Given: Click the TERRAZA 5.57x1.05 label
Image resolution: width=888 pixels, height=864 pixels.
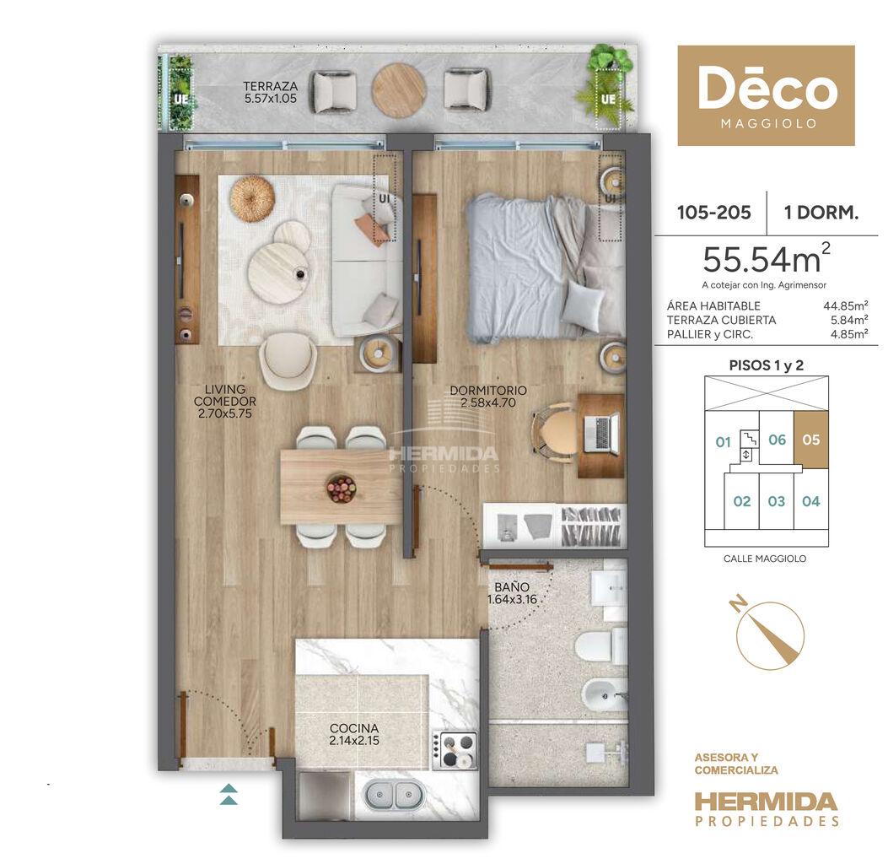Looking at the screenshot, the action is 270,92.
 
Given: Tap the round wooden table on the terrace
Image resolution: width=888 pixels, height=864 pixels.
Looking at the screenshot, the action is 399,89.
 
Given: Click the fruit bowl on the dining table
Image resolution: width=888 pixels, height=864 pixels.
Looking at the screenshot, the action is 341,488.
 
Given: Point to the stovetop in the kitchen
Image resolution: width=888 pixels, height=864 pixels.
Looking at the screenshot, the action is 455,750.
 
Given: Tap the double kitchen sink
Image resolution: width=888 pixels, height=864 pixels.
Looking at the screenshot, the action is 394,795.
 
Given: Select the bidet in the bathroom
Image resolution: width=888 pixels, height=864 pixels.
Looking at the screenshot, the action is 605,694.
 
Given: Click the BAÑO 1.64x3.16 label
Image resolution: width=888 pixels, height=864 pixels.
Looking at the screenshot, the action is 512,593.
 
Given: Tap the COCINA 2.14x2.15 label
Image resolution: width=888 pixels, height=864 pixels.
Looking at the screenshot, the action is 354,734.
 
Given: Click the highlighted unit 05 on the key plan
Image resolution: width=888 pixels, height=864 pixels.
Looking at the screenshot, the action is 811,440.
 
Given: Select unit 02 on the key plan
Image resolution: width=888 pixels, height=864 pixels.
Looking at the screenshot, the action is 742,501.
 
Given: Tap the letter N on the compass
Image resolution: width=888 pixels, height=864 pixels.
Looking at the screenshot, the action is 737,605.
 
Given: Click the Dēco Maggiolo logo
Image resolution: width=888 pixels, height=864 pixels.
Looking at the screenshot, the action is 767,95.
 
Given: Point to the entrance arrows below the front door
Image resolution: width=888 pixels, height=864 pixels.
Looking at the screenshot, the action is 229,794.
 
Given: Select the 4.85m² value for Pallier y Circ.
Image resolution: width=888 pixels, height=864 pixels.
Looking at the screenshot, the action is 849,334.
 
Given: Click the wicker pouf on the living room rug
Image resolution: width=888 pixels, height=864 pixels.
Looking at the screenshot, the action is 252,199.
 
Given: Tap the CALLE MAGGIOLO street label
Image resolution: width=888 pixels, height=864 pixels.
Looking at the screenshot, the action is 765,559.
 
